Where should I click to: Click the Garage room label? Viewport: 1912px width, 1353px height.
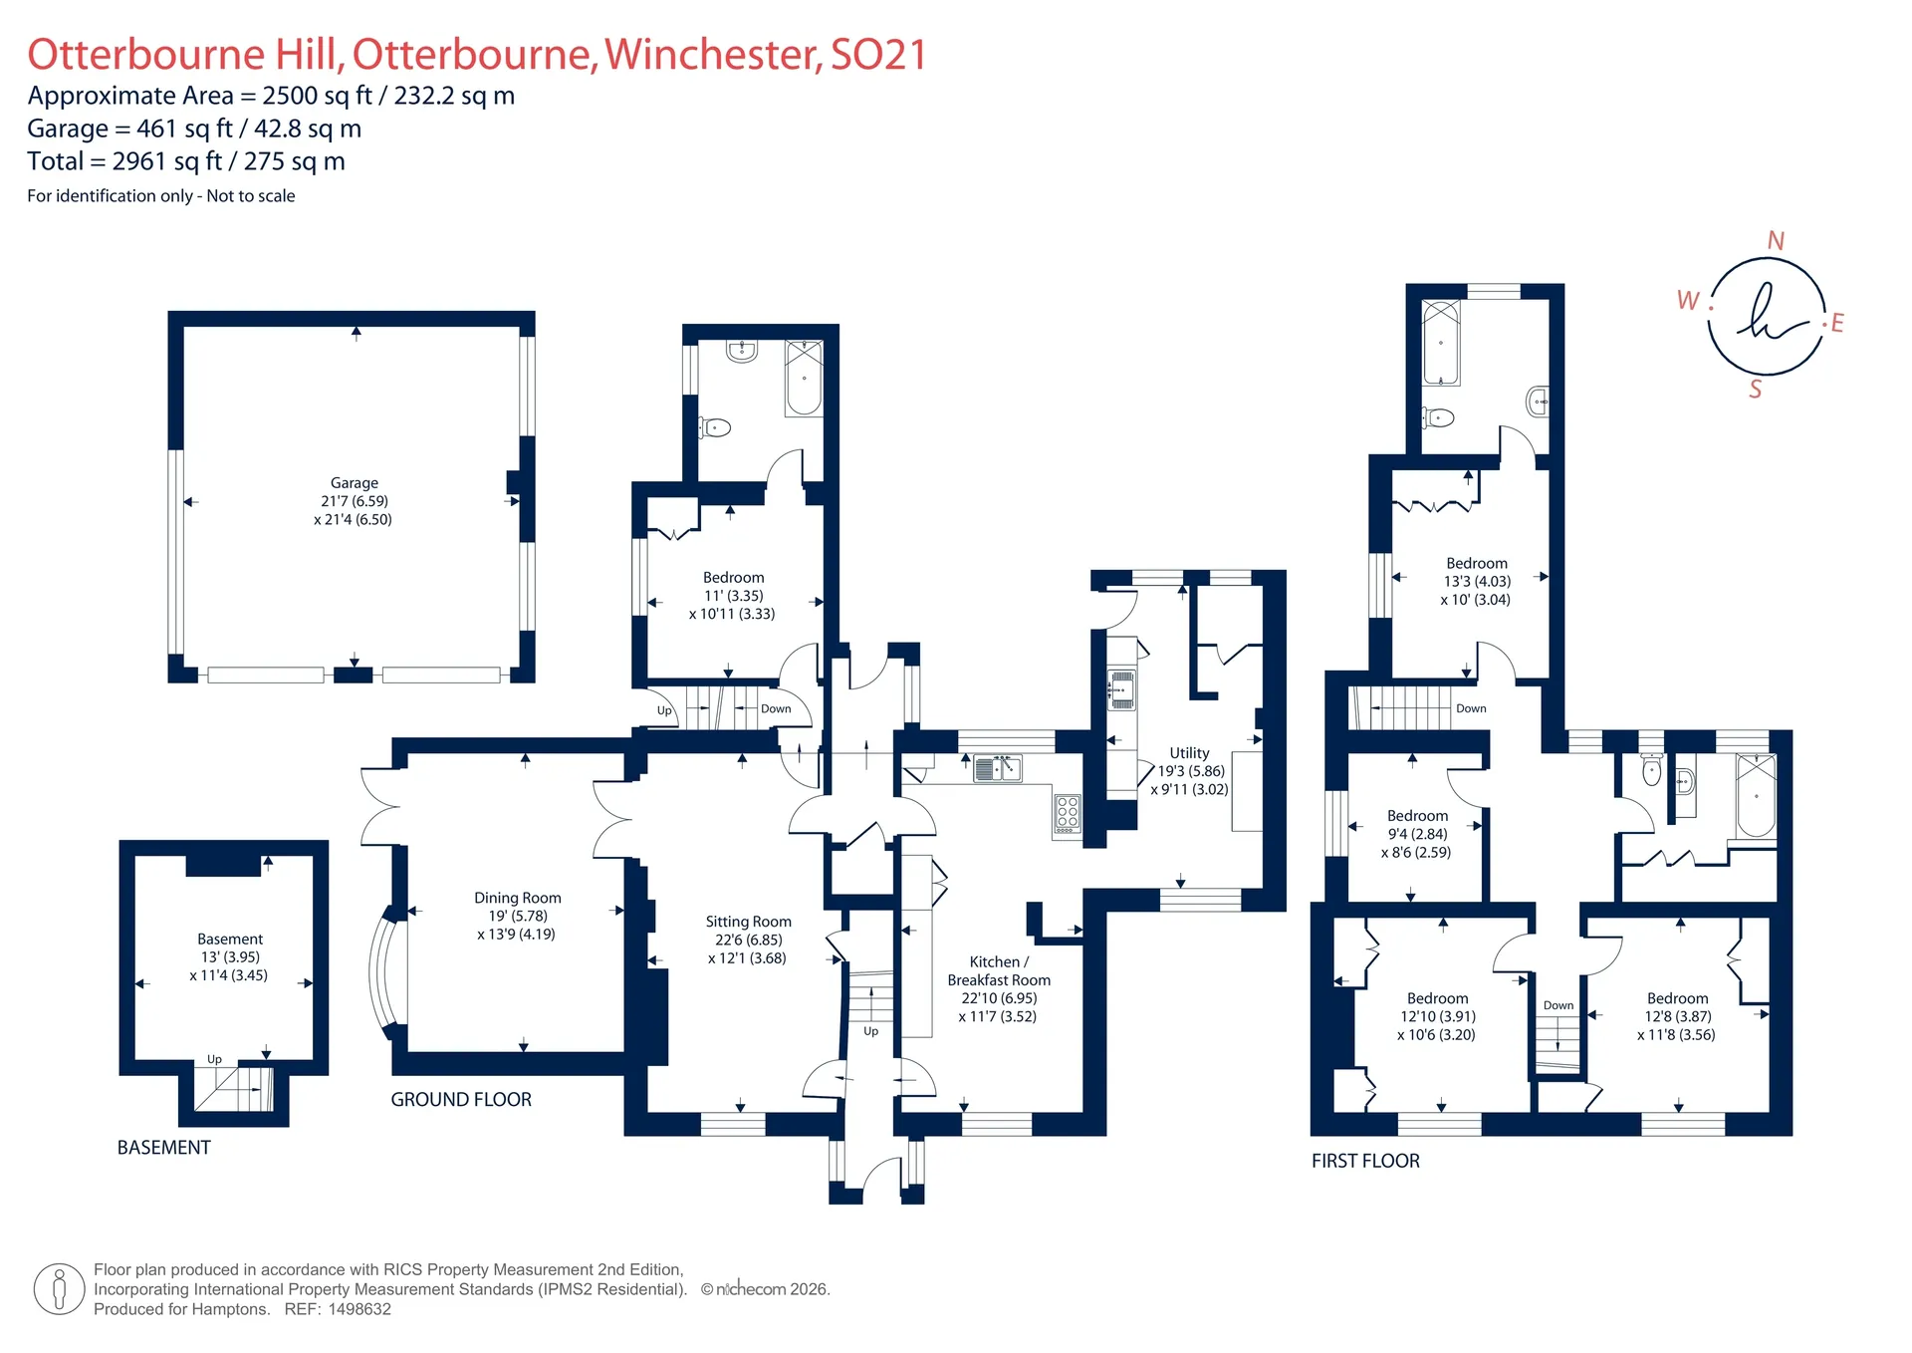coord(355,483)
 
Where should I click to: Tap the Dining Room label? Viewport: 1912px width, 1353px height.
coord(517,898)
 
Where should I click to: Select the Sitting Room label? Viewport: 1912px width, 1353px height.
coord(748,922)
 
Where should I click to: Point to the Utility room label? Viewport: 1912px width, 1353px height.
coord(1189,753)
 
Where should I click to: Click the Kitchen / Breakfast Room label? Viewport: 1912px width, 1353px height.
coord(999,971)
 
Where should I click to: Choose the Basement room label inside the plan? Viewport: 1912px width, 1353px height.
coord(230,940)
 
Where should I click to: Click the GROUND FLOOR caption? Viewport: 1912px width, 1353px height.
coord(461,1100)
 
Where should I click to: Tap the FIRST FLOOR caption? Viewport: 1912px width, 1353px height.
coord(1365,1161)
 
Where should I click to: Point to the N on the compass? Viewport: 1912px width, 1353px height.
coord(1776,241)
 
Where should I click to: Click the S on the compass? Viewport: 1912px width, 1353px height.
coord(1756,390)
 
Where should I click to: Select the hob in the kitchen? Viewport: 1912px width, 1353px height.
coord(1068,813)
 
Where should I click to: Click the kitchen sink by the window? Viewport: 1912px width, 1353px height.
coord(998,768)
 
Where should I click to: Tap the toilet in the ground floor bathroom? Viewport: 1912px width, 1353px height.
coord(714,427)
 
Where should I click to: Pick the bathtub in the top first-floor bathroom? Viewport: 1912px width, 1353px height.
coord(1441,343)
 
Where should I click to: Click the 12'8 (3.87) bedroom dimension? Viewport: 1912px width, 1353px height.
coord(1678,1016)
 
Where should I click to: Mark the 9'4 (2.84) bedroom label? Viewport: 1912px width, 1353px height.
coord(1418,834)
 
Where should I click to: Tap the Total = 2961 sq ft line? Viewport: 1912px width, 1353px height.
coord(186,161)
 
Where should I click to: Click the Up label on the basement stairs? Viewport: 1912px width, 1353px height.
coord(214,1059)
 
